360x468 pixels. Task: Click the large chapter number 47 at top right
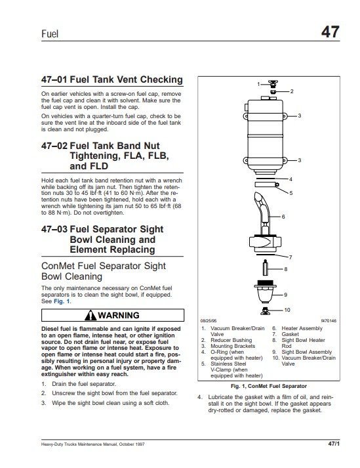330,32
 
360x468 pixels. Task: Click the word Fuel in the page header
50,33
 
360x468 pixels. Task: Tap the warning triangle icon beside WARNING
90,315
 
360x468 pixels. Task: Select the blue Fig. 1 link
62,301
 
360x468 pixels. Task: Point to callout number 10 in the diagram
287,310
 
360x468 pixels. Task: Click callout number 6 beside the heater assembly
283,217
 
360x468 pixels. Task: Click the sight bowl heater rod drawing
266,268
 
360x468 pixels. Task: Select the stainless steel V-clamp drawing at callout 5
267,184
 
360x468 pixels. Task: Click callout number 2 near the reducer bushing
292,91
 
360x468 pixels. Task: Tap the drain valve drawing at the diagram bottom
265,310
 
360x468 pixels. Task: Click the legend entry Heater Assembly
302,328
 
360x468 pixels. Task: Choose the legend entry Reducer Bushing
231,340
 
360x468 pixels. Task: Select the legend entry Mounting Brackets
233,346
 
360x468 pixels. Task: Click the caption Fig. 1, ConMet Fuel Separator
268,386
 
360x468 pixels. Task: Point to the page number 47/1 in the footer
334,444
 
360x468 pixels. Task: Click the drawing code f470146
329,320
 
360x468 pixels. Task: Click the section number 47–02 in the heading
54,146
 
